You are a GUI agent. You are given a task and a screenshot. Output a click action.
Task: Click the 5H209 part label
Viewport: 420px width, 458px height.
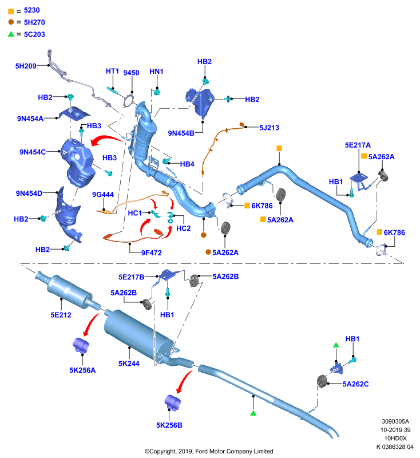pyautogui.click(x=26, y=66)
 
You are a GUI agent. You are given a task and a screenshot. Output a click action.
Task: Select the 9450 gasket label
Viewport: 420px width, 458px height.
pyautogui.click(x=131, y=73)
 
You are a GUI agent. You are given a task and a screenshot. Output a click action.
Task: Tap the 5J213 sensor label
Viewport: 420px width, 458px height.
pyautogui.click(x=269, y=128)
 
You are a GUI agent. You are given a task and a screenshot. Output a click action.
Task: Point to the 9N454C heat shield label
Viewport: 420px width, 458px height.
pyautogui.click(x=33, y=152)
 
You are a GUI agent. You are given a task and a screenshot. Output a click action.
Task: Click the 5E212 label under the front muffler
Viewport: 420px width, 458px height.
pyautogui.click(x=61, y=315)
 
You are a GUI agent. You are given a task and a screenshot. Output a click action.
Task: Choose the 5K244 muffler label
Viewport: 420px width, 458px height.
pyautogui.click(x=129, y=364)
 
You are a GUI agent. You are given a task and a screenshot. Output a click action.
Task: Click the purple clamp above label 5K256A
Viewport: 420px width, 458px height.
pyautogui.click(x=81, y=345)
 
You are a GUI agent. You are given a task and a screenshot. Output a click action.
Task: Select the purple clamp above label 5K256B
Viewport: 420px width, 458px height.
pyautogui.click(x=173, y=403)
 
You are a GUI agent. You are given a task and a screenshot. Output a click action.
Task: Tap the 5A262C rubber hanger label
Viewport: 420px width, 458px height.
pyautogui.click(x=355, y=384)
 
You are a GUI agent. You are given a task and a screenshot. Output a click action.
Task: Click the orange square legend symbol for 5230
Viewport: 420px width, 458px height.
pyautogui.click(x=11, y=11)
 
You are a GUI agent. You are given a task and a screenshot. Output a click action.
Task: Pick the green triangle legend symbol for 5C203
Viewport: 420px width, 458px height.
pyautogui.click(x=11, y=34)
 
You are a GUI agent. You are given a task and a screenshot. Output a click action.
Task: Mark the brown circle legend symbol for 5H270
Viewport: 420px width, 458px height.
pyautogui.click(x=11, y=22)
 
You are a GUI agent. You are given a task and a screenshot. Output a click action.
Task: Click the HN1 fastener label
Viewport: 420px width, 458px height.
pyautogui.click(x=156, y=72)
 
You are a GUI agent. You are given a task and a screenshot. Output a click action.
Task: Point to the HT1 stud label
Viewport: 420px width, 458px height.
pyautogui.click(x=112, y=71)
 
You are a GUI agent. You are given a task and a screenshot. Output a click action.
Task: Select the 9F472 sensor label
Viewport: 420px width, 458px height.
pyautogui.click(x=151, y=253)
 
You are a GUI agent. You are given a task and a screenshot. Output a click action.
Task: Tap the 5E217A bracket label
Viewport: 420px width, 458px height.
pyautogui.click(x=358, y=145)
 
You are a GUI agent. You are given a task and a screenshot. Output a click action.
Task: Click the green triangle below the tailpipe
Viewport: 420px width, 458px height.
pyautogui.click(x=253, y=413)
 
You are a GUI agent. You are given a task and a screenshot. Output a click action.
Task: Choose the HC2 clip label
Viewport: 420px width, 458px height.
pyautogui.click(x=183, y=228)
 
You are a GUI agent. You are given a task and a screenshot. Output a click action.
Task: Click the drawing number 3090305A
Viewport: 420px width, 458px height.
pyautogui.click(x=395, y=421)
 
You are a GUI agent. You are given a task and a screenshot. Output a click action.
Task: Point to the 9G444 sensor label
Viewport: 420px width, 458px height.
pyautogui.click(x=103, y=195)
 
